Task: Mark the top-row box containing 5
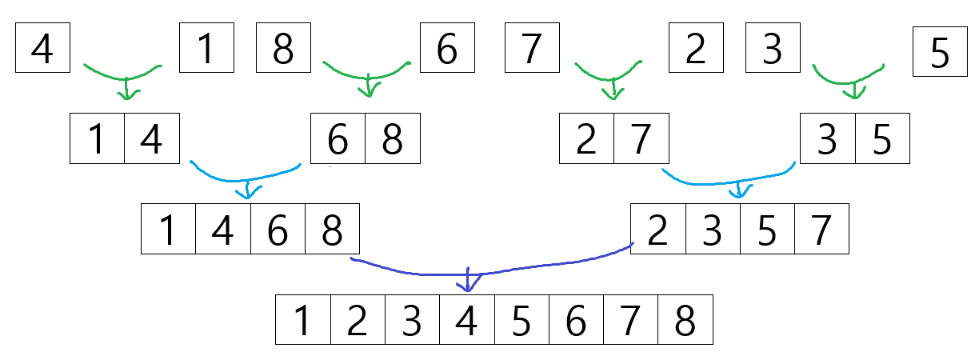(x=940, y=53)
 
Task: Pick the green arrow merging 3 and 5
(x=853, y=80)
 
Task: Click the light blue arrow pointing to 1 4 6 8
(x=248, y=181)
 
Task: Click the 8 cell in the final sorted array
(x=685, y=320)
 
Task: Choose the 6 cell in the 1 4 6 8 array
(x=278, y=230)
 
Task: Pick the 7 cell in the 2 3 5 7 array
(x=821, y=230)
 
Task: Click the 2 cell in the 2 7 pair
(x=586, y=139)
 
